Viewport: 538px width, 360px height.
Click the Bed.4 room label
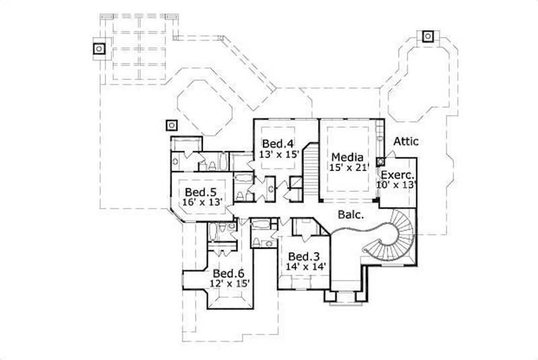point(278,143)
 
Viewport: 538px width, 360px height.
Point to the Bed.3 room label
point(303,256)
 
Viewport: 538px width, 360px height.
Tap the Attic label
point(406,141)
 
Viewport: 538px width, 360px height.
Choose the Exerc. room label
point(399,173)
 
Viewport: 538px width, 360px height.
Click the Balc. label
point(350,217)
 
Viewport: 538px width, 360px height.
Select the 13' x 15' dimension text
point(278,154)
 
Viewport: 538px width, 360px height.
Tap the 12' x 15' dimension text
point(229,284)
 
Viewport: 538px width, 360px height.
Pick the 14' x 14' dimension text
point(304,267)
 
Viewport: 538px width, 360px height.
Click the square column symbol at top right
point(428,36)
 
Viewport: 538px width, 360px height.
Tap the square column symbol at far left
point(99,48)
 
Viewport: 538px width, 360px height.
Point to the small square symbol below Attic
point(381,161)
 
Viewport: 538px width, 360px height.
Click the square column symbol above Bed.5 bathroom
point(171,125)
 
